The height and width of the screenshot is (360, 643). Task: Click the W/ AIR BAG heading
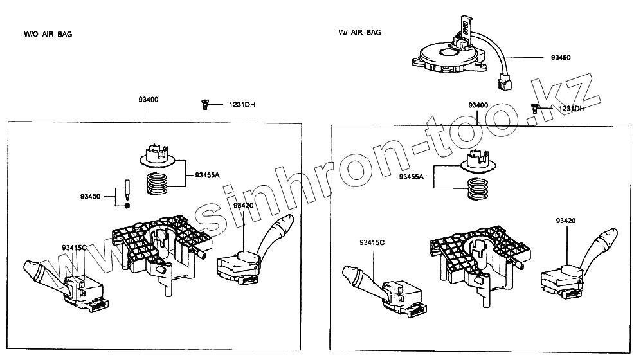click(x=359, y=32)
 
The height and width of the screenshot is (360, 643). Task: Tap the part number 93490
click(x=561, y=58)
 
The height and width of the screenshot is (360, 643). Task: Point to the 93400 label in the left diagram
click(x=148, y=100)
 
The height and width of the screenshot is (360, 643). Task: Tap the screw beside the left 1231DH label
click(x=204, y=104)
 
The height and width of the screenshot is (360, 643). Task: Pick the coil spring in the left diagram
click(x=156, y=184)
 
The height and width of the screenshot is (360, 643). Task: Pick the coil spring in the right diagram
click(x=478, y=189)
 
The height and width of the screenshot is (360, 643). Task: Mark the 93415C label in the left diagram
click(x=75, y=248)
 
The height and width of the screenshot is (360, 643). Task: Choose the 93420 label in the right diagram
click(x=566, y=221)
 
